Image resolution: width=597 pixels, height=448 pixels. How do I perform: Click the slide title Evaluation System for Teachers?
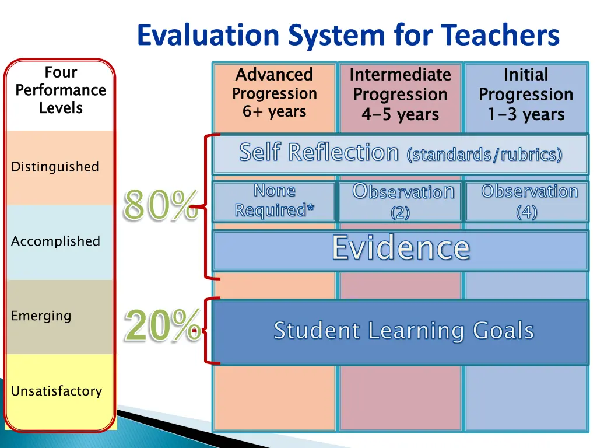click(348, 35)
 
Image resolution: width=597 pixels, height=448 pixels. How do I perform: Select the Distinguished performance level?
click(55, 167)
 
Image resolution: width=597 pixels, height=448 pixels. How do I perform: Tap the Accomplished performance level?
click(55, 242)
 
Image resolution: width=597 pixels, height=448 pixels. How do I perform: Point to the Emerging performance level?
click(41, 316)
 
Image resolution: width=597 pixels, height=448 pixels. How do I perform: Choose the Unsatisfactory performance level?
click(57, 391)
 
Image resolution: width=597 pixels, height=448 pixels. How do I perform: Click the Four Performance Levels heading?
click(61, 90)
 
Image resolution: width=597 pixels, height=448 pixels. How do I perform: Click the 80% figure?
click(160, 206)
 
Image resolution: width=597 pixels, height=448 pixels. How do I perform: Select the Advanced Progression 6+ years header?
click(275, 93)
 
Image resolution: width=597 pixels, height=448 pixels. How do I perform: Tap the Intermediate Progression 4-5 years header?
click(400, 94)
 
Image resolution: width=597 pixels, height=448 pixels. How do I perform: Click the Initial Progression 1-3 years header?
click(526, 94)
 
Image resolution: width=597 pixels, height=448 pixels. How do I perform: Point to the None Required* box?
click(275, 201)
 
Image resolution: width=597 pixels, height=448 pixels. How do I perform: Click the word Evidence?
click(401, 249)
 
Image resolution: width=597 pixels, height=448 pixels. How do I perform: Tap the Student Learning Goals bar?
click(403, 331)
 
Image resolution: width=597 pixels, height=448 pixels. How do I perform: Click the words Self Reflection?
click(318, 153)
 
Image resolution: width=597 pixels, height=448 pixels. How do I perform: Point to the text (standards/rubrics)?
click(484, 155)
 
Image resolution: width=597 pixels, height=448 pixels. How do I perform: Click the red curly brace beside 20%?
click(208, 331)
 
